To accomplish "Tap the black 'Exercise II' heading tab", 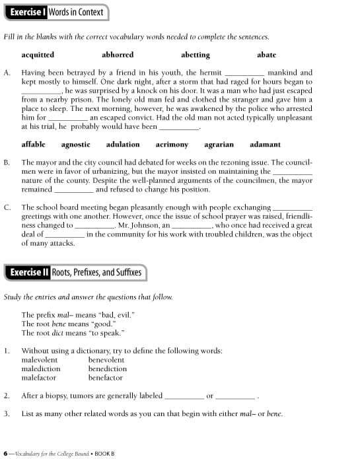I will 29,272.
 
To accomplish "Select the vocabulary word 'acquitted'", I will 38,55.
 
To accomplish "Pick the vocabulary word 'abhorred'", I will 118,55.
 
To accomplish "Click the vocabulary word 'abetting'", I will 196,55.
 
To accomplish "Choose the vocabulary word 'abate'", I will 266,55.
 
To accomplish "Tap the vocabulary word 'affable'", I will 34,144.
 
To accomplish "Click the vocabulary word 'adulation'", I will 123,144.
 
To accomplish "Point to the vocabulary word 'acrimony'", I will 172,144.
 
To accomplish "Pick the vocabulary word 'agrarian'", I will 219,144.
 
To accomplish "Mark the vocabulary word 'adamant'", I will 266,144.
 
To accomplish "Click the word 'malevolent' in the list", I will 40,360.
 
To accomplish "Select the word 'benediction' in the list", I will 108,369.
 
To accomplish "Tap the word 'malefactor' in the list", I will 39,378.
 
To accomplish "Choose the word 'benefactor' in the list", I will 106,378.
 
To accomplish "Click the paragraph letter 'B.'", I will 7,162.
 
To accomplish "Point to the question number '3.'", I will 7,413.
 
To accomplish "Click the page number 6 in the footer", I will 5,453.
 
